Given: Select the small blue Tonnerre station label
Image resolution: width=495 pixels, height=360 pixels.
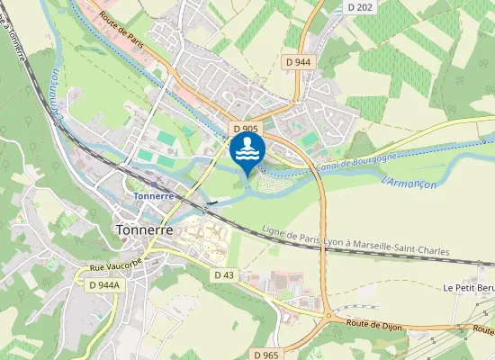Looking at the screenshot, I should coord(152,195).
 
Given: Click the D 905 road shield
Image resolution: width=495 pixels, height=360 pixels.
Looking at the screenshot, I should coord(244,129).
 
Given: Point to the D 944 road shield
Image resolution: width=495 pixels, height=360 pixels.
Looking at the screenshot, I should coord(297,62).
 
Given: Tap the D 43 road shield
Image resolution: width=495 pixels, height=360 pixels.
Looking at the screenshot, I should coord(224,274).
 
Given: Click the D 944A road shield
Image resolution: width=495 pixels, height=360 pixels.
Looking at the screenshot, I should coord(105,284).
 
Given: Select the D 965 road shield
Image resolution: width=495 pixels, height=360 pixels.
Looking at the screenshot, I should coord(266,355).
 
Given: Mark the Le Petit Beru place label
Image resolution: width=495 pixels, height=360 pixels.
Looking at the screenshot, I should coord(469,288).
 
